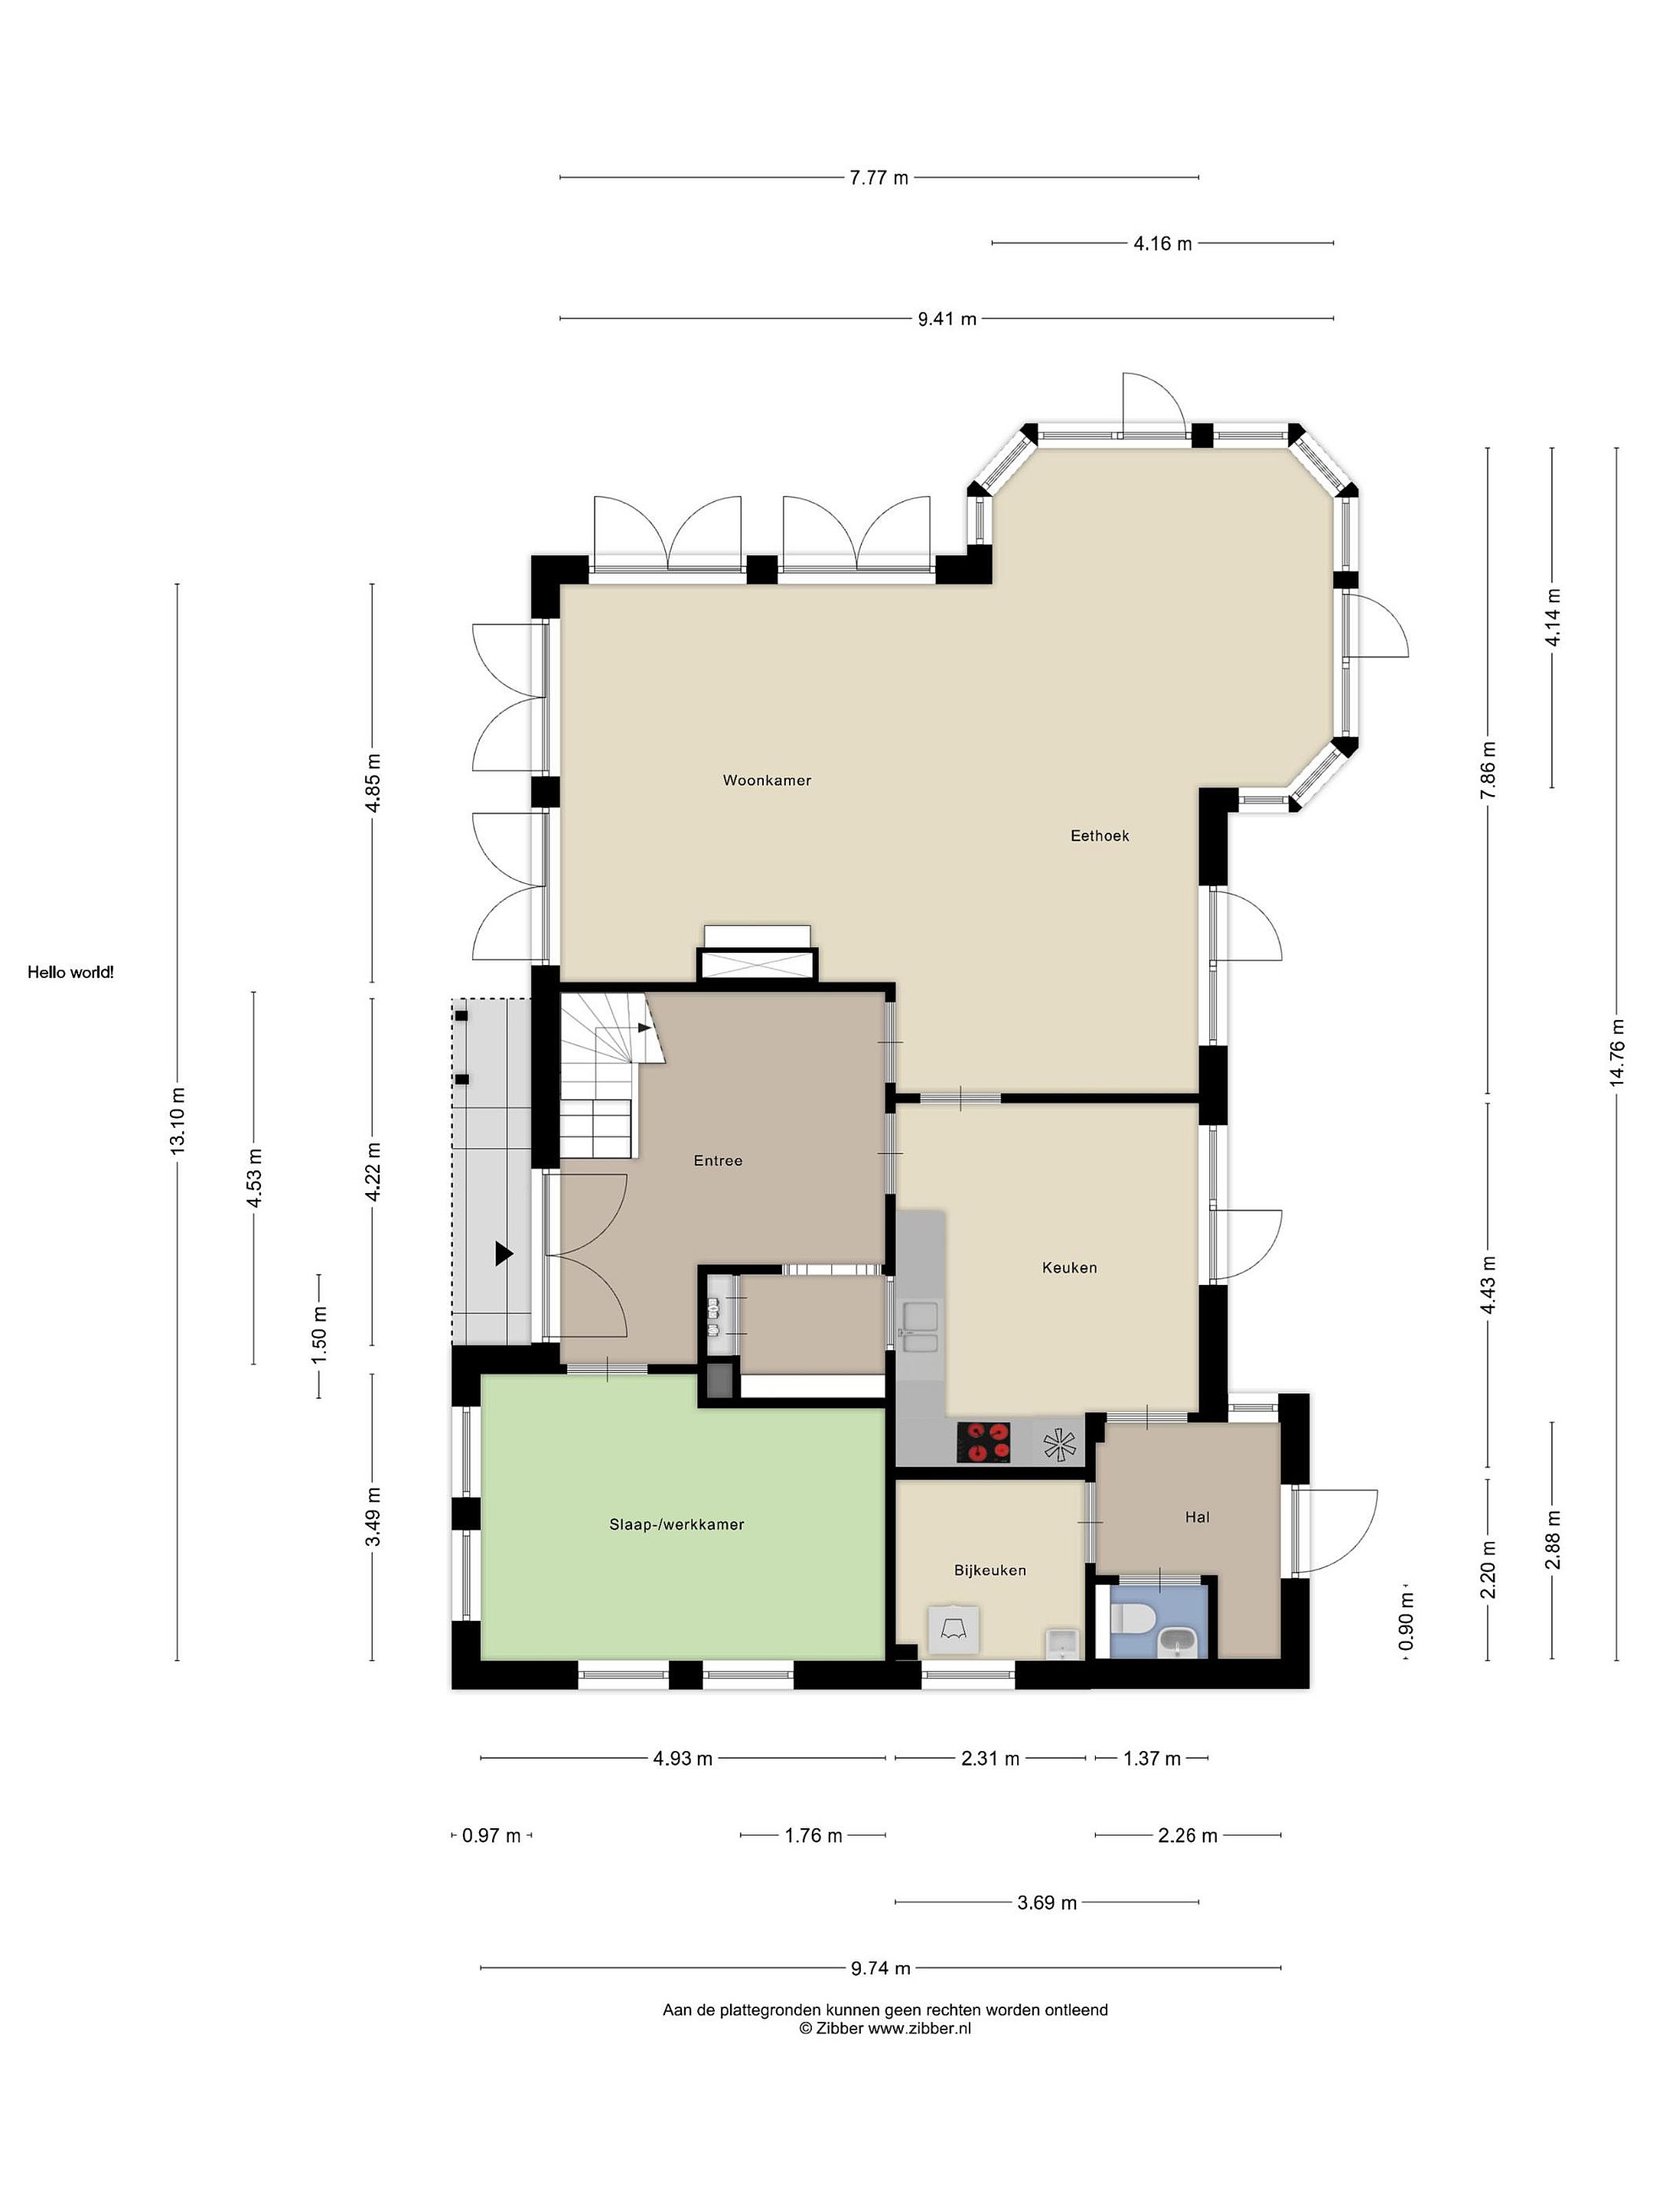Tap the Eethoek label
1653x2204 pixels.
coord(1099,836)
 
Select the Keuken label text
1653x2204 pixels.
coord(1069,1267)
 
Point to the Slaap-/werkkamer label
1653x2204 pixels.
coord(677,1524)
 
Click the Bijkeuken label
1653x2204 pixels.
coord(990,1570)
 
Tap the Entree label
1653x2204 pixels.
coord(717,1160)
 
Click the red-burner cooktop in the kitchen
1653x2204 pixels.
coord(983,1442)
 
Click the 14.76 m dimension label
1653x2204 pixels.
coord(1616,1052)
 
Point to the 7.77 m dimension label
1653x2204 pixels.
coord(879,178)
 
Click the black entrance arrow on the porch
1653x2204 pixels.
coord(504,1254)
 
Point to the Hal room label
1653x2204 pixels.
coord(1197,1517)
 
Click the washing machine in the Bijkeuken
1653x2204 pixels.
coord(953,1630)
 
